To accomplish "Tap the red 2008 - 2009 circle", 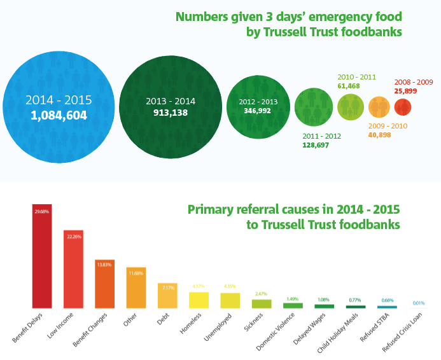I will point(403,106).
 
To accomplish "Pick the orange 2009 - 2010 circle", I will point(379,106).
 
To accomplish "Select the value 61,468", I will point(349,85).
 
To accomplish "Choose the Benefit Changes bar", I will point(105,284).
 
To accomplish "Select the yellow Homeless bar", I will point(199,300).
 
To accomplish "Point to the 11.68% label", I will point(136,272).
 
